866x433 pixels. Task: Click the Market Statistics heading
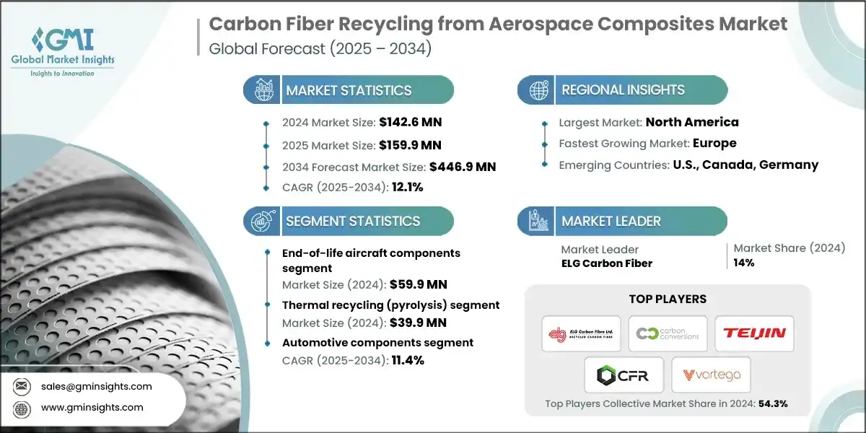click(x=349, y=90)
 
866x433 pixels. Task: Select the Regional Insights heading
click(x=623, y=90)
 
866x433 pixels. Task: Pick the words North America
click(x=692, y=122)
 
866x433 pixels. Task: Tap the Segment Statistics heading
click(x=353, y=221)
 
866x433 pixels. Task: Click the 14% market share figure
click(x=744, y=263)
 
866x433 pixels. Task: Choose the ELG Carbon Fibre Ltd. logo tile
click(x=582, y=333)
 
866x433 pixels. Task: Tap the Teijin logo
click(x=755, y=333)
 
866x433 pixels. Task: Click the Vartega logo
click(x=711, y=375)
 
